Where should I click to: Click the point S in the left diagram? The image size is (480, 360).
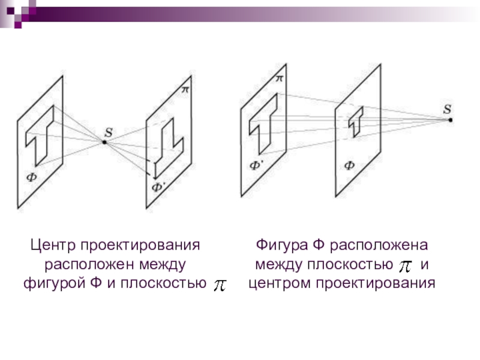[x=104, y=142]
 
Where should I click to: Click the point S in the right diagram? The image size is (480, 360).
[x=451, y=120]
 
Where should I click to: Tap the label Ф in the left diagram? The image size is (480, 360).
[x=29, y=176]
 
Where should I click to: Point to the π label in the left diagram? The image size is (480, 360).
[x=185, y=89]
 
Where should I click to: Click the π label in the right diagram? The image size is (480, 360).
[x=279, y=78]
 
